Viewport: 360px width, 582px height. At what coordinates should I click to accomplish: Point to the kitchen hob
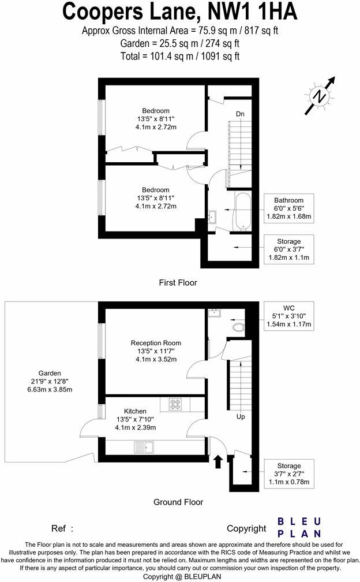(x=175, y=404)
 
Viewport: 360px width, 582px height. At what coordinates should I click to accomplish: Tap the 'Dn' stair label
(x=240, y=114)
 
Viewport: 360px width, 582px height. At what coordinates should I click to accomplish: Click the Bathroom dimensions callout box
(x=288, y=208)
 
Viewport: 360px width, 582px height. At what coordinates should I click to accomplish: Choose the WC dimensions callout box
(x=288, y=316)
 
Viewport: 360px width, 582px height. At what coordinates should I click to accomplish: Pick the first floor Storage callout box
(x=288, y=249)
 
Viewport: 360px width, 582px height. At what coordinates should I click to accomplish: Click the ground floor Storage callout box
(x=288, y=473)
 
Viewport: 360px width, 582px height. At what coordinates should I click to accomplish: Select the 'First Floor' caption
(x=178, y=283)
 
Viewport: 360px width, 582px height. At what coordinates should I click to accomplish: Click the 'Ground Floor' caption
(x=178, y=502)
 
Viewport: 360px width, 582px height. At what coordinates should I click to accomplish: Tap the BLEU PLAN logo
(x=299, y=527)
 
